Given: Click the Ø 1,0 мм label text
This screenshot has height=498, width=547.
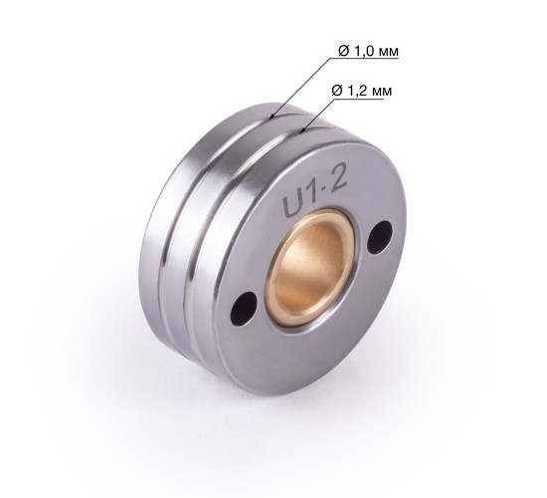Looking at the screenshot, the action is (368, 51).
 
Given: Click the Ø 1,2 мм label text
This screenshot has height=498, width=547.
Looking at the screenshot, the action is (362, 91).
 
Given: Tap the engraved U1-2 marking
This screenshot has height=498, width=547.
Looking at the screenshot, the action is (315, 193).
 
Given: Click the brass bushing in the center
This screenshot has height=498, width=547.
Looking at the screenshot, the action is (310, 267).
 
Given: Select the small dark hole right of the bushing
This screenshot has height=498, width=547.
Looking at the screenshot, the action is (381, 237).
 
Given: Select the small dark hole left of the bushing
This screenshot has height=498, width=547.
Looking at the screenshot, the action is (244, 309).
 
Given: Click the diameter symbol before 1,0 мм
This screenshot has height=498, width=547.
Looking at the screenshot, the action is (344, 52).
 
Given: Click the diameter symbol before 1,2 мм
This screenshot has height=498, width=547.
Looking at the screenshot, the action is (337, 91).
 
